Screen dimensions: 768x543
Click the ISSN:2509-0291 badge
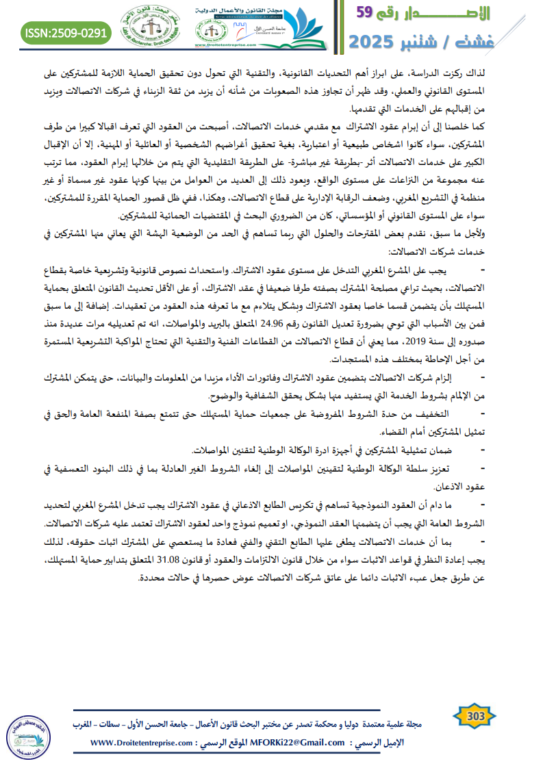pyautogui.click(x=66, y=32)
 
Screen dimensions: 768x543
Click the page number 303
pyautogui.click(x=475, y=717)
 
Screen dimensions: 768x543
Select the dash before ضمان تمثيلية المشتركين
pyautogui.click(x=483, y=450)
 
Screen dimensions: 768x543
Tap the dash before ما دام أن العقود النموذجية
pyautogui.click(x=483, y=504)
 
